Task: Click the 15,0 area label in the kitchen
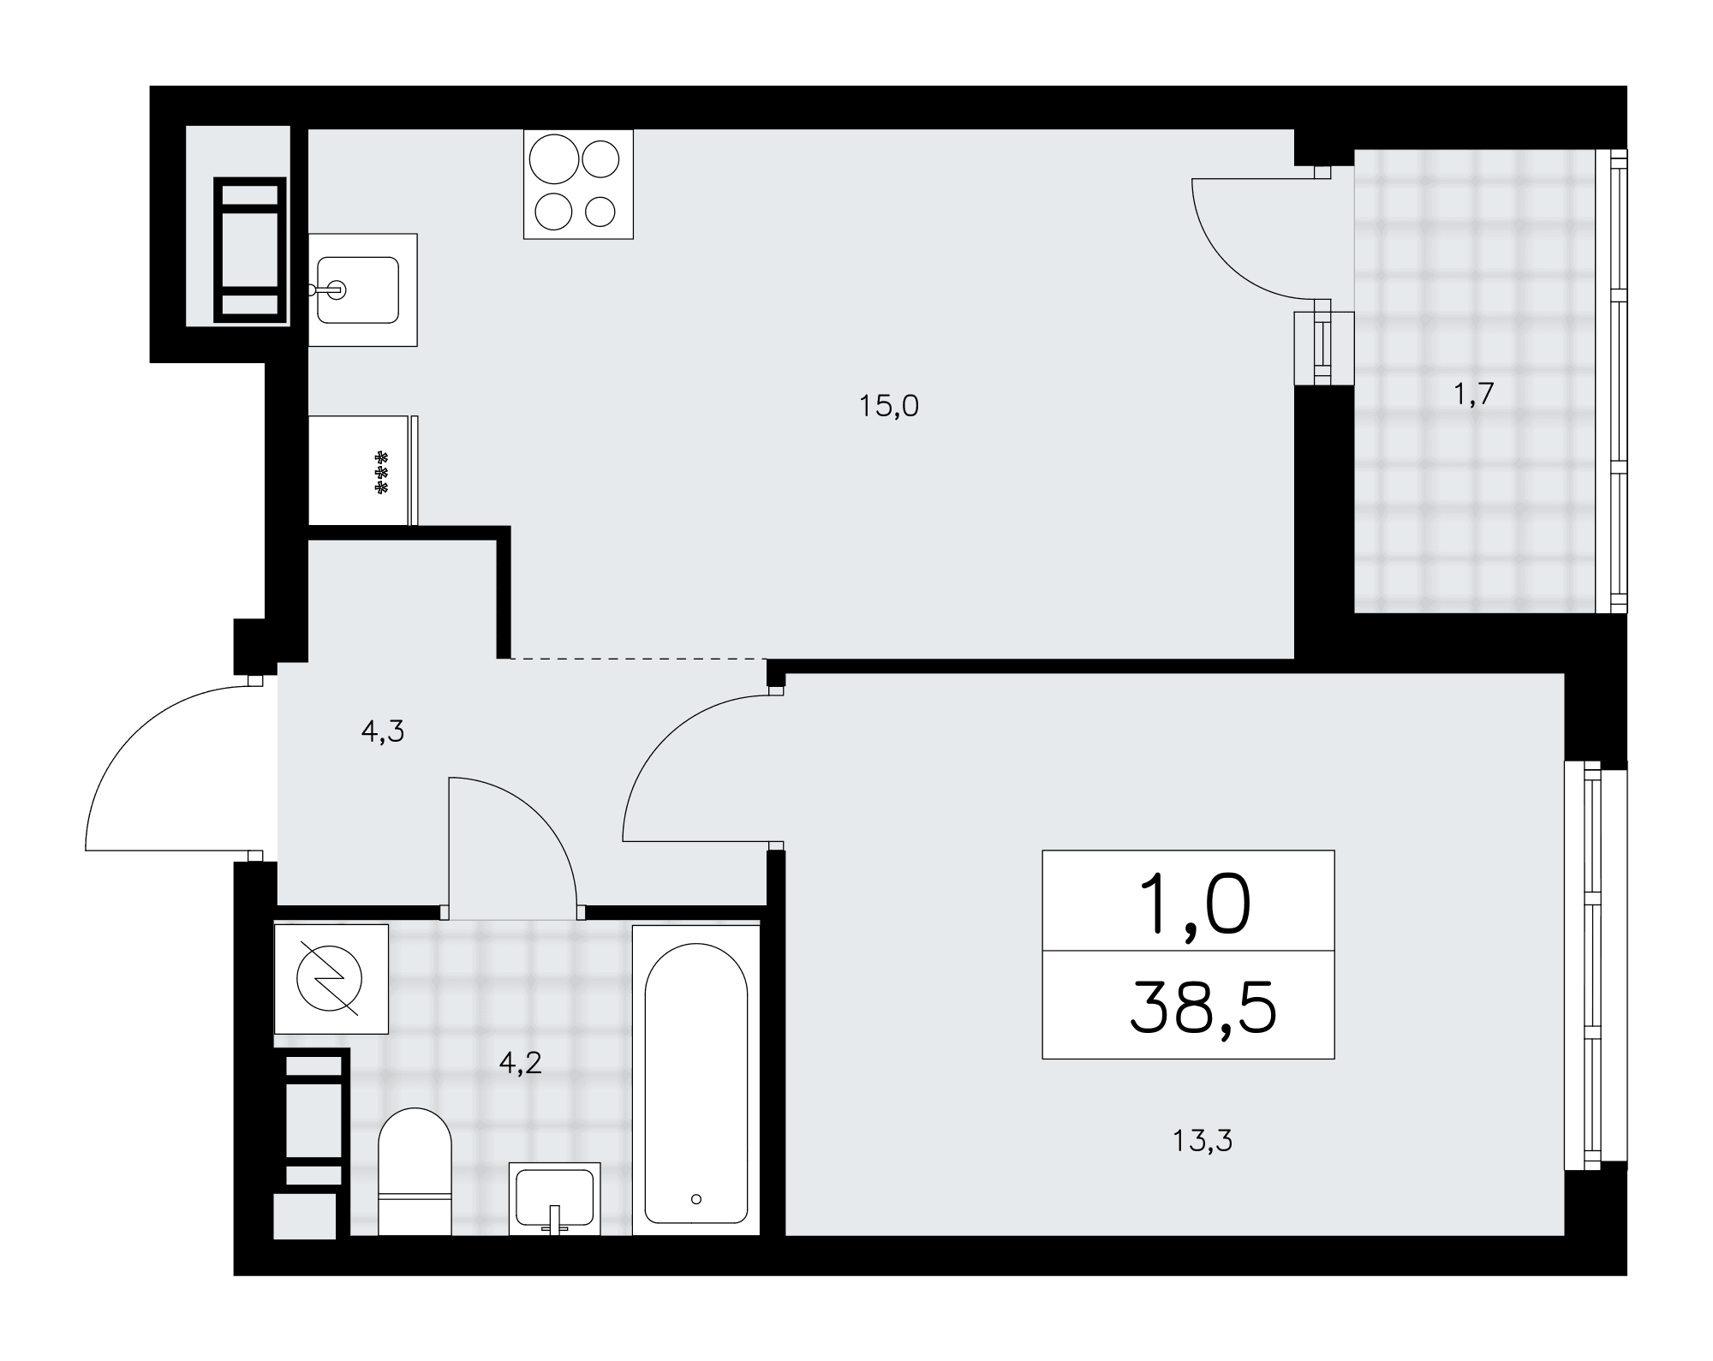889,406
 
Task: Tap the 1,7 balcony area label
1473,394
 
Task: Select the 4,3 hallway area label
383,731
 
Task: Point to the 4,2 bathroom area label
521,1063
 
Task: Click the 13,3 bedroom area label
1203,1141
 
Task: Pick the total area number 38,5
1203,1008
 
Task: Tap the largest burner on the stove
554,159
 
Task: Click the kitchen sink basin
358,290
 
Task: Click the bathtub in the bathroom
696,1079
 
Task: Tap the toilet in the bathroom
415,1172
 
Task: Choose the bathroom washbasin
555,1198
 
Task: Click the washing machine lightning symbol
330,979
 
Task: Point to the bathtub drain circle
696,1199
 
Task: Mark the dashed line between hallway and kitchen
638,659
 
